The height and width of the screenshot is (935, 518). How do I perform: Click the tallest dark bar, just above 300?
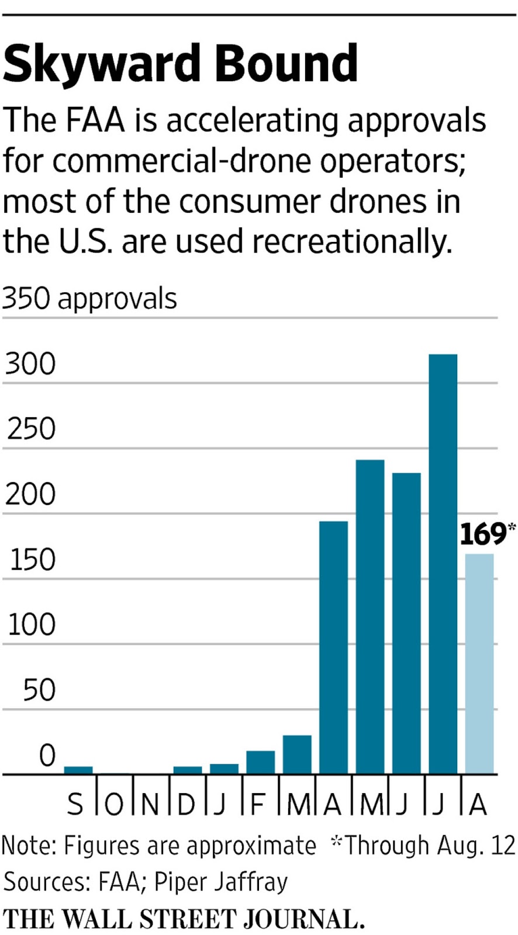pos(443,561)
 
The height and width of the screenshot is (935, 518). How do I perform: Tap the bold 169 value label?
pos(483,534)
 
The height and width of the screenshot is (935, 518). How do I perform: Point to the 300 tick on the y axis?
pos(30,363)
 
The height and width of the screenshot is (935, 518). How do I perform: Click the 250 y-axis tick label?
pos(31,429)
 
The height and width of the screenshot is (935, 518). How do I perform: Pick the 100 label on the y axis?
pos(31,625)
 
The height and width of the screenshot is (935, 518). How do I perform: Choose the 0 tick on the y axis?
pos(47,755)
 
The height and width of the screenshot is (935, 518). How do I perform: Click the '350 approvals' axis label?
pos(89,299)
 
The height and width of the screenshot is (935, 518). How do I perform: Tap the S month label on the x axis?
pos(75,805)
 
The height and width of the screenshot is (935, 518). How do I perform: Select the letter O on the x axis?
pos(113,805)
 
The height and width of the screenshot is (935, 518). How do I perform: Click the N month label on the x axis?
pos(150,805)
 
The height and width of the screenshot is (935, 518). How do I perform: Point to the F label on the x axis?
pos(257,805)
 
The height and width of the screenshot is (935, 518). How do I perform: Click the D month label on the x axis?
pos(185,805)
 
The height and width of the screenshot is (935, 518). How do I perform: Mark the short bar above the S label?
pos(78,770)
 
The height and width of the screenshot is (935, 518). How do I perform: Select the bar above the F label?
pos(260,762)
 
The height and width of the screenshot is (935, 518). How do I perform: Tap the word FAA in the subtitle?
pos(95,120)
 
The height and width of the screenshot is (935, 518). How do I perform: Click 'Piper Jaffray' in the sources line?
pos(221,882)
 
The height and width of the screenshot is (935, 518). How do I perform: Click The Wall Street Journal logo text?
pos(184,919)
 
